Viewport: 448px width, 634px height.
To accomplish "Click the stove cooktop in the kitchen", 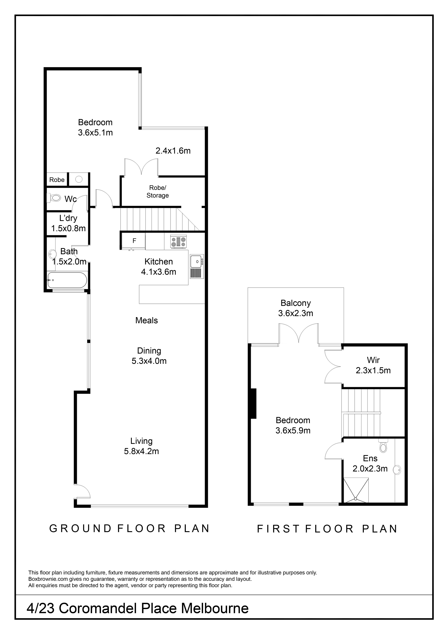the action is point(179,243).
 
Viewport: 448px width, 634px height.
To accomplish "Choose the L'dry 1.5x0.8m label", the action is point(68,223).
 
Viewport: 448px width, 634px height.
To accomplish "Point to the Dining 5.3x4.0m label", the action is point(149,356).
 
